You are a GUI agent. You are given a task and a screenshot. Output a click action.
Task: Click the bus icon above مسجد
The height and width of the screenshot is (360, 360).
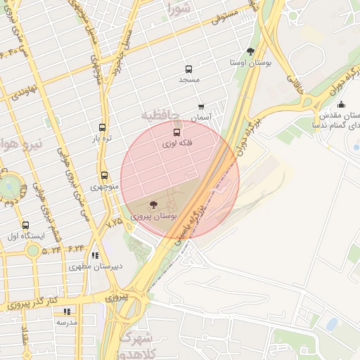(188, 69)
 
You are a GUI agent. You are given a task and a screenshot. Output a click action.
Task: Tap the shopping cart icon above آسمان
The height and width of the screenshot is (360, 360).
(201, 108)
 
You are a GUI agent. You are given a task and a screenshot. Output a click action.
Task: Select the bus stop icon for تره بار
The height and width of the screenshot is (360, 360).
(103, 128)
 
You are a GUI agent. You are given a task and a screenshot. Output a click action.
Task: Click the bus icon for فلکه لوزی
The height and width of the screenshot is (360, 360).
(176, 131)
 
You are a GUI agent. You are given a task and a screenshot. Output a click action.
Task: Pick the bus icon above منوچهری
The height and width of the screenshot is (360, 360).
(105, 175)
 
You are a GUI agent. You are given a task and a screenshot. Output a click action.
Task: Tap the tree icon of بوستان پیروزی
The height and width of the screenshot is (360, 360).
(154, 205)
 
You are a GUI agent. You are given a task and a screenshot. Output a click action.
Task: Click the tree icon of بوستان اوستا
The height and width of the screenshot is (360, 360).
(250, 51)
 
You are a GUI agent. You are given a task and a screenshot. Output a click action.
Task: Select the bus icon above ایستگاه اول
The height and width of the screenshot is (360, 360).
(26, 226)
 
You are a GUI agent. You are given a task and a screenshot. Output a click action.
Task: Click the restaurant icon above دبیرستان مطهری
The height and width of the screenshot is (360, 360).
(95, 255)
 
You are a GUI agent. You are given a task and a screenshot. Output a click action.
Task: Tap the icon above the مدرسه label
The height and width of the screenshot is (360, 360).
(67, 311)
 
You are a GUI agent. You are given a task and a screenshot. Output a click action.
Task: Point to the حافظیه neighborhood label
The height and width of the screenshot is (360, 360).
(160, 115)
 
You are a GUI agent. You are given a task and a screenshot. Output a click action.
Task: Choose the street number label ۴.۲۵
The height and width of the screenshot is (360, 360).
(114, 222)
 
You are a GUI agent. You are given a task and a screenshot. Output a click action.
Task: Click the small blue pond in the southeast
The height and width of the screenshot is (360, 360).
(331, 323)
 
